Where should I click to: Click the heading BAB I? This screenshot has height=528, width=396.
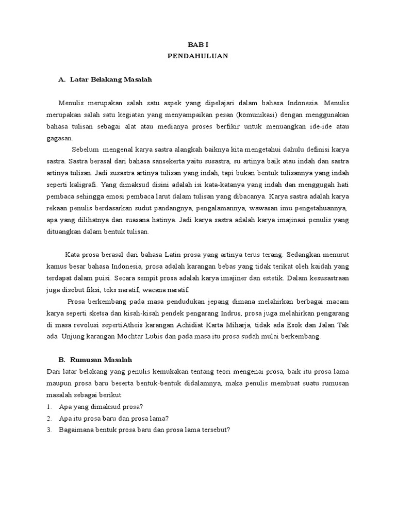click(197, 45)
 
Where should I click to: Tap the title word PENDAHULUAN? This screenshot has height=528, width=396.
click(197, 56)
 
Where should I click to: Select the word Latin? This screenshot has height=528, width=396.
click(174, 254)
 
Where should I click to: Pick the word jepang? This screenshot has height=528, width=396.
click(200, 302)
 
